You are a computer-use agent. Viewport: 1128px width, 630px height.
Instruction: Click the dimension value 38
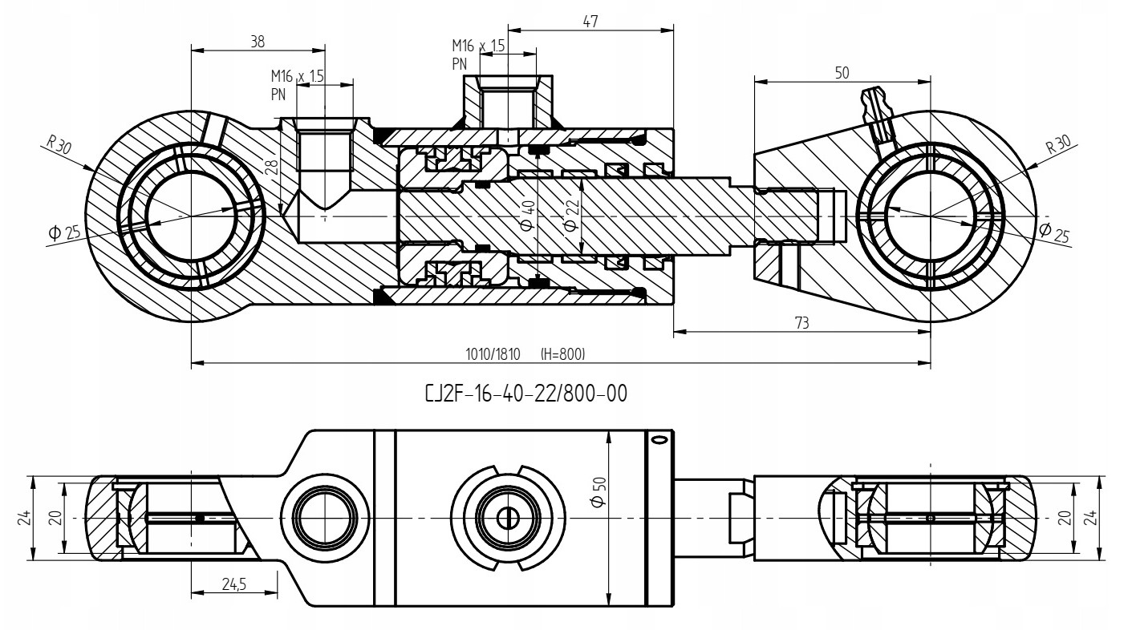click(257, 42)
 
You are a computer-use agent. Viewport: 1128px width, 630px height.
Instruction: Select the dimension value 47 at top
click(590, 22)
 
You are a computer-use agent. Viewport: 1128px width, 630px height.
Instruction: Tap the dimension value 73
click(801, 322)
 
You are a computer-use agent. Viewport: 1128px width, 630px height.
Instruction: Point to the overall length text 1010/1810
click(493, 353)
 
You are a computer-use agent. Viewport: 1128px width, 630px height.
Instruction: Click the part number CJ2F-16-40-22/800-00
click(525, 394)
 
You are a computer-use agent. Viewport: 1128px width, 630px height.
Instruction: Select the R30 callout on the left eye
click(59, 145)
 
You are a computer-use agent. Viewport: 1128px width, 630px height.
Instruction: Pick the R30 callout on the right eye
click(1058, 145)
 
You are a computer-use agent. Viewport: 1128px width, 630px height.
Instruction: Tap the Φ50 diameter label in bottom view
click(597, 491)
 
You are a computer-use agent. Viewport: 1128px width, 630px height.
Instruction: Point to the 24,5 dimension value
click(234, 585)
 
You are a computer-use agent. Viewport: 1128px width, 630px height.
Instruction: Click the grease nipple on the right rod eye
click(877, 110)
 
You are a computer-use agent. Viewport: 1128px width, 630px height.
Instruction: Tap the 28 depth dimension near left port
click(272, 167)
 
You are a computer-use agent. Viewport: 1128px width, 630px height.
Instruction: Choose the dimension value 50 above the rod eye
click(842, 73)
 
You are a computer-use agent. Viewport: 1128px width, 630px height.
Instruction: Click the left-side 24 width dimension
click(24, 518)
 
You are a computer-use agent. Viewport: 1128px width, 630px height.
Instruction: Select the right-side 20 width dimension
click(1065, 518)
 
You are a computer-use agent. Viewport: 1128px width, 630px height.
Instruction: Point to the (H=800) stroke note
click(568, 353)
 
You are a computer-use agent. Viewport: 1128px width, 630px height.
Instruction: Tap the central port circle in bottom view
click(505, 518)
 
